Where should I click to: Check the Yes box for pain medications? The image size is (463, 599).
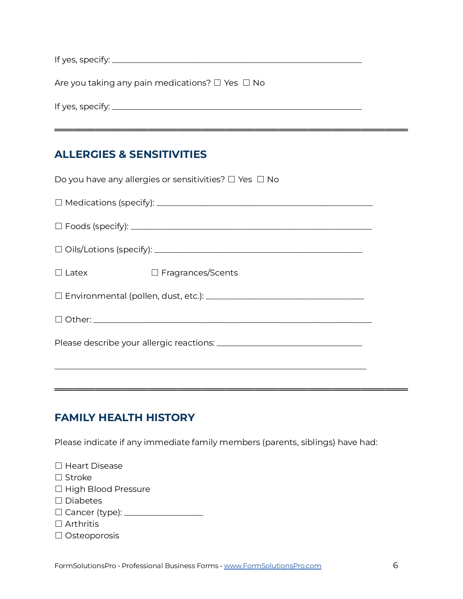coord(217,83)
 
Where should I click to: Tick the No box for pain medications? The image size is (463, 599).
coord(246,83)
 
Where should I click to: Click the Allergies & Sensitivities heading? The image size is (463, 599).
coord(130,154)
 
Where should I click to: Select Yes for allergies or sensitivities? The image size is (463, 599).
coord(231,179)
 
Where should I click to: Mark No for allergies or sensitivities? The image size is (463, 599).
coord(260,179)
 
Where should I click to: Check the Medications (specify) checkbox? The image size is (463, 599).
coord(58,203)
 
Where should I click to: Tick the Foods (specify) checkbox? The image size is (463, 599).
coord(58,226)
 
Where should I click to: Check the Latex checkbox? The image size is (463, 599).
coord(58,273)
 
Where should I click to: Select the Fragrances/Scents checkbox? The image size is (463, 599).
coord(155,273)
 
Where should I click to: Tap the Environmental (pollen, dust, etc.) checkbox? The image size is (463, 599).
coord(58,296)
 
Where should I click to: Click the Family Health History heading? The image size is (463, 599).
coord(125,417)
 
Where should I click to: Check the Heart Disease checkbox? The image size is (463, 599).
coord(58,466)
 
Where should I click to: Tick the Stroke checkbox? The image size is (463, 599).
coord(58,477)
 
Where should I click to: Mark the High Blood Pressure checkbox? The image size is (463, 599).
coord(58,489)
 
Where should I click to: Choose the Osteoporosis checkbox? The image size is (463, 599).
coord(58,535)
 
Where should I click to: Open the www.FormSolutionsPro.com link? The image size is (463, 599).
coord(272,566)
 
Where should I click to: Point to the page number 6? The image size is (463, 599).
coord(395,565)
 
